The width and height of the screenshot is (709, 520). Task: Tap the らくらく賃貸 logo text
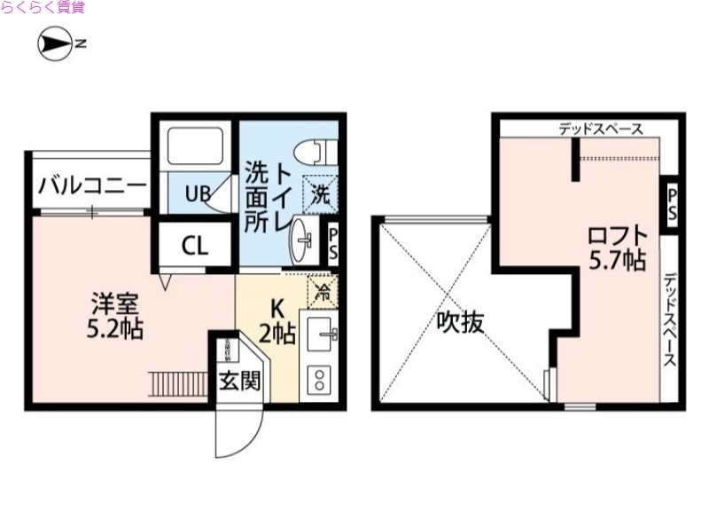tap(43, 8)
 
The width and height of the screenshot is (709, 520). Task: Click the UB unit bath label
tap(197, 192)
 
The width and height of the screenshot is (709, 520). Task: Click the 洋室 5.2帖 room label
tap(114, 316)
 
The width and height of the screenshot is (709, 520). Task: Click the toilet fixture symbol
tap(317, 152)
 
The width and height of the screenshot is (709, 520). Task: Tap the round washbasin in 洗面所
tap(303, 239)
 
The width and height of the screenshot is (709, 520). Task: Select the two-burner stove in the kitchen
tap(318, 379)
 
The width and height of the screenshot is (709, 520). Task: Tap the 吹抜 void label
tap(460, 320)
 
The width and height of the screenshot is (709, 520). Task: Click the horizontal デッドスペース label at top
tap(600, 129)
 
